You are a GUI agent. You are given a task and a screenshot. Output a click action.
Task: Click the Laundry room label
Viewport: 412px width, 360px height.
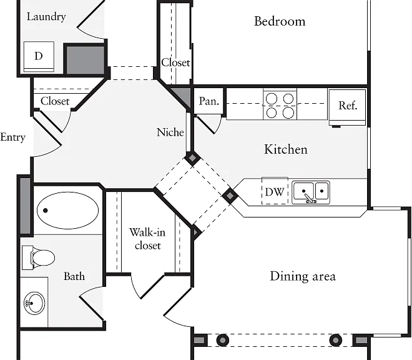[x=46, y=17]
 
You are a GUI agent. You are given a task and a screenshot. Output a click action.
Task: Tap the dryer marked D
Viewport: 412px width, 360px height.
[x=39, y=57]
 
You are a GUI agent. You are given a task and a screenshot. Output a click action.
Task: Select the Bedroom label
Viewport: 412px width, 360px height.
[x=280, y=21]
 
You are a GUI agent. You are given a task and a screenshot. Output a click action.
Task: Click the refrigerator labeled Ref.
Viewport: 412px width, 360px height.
[x=347, y=107]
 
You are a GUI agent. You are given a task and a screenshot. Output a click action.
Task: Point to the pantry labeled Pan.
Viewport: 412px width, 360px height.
[x=209, y=101]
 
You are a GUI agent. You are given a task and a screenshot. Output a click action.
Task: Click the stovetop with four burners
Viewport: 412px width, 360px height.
[x=280, y=105]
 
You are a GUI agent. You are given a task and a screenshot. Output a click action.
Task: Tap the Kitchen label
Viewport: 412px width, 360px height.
[x=286, y=149]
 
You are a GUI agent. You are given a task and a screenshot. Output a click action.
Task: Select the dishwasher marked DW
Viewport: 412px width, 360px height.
[x=275, y=191]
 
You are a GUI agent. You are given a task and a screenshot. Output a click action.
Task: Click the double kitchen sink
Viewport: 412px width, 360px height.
[x=311, y=192]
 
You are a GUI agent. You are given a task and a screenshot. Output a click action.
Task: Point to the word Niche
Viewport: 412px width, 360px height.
[x=170, y=132]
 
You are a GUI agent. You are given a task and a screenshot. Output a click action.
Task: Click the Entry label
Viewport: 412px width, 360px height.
[x=12, y=137]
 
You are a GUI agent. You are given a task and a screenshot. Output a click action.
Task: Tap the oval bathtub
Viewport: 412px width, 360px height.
[x=68, y=211]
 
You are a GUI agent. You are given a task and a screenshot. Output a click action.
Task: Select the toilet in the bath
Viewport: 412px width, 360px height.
[x=38, y=257]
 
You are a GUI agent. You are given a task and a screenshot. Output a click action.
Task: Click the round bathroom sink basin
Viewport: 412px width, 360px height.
[x=34, y=303]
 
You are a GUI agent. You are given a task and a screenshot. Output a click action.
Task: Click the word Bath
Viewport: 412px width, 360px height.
[x=74, y=276]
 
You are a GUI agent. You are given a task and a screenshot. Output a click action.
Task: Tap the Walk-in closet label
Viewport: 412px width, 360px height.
[x=147, y=239]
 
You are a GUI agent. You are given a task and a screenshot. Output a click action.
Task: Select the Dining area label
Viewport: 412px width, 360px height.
[x=303, y=276]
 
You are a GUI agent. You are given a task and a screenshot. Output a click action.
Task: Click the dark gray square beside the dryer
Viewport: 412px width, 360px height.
[x=85, y=60]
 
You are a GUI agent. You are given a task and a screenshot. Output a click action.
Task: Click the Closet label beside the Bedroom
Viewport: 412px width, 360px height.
[x=175, y=62]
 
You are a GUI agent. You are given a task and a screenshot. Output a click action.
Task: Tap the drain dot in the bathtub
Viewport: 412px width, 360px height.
[x=46, y=211]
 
